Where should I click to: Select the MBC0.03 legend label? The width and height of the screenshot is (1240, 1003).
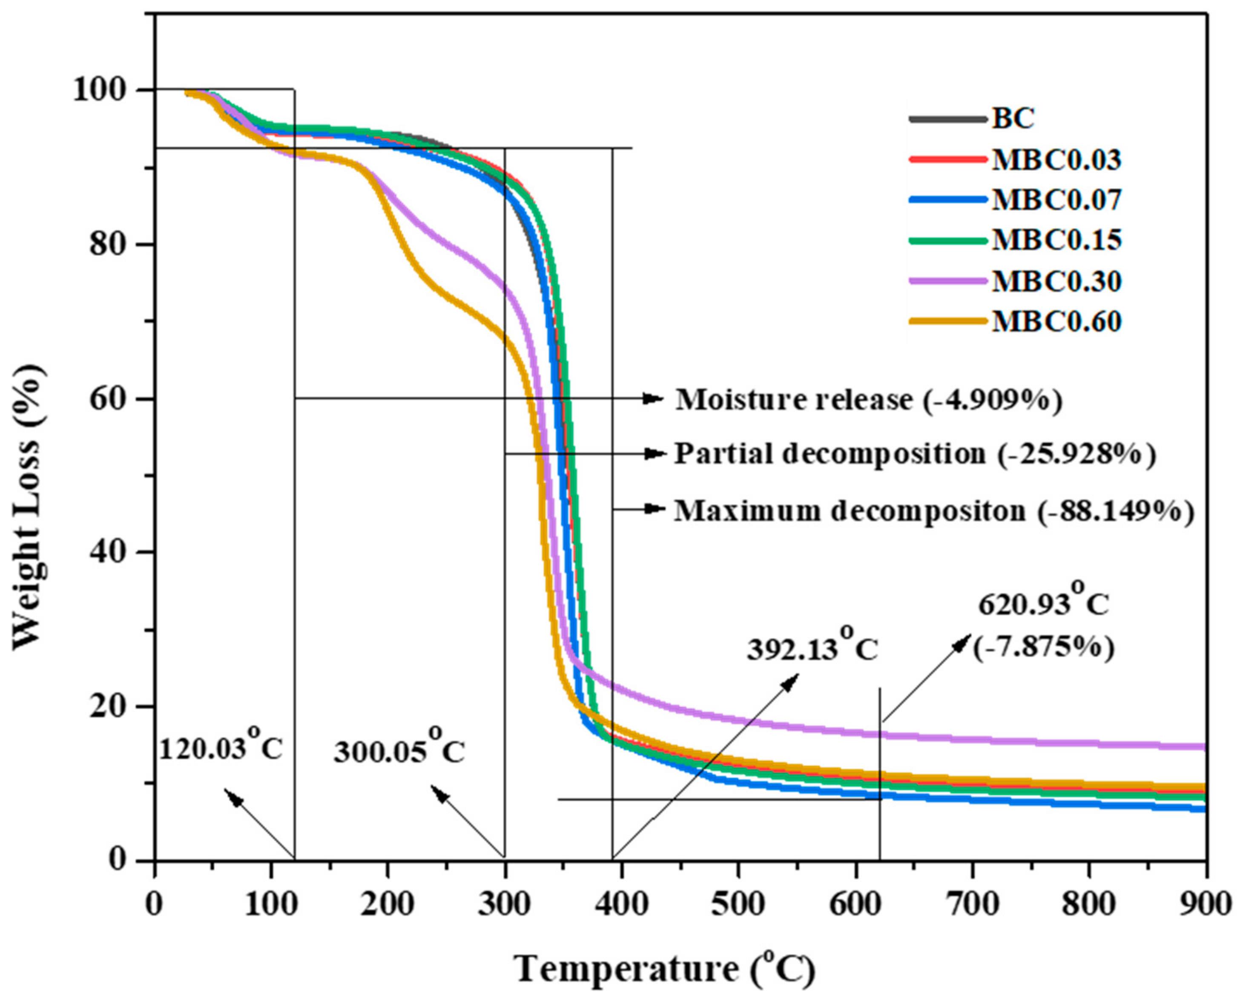[x=1056, y=160]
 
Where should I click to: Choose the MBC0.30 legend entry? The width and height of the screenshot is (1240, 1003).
[x=1056, y=281]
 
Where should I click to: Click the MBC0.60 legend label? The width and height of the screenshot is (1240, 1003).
[x=1056, y=322]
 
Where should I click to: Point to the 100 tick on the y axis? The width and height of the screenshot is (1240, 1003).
[x=107, y=91]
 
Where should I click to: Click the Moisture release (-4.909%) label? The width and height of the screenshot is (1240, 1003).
[x=868, y=400]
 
